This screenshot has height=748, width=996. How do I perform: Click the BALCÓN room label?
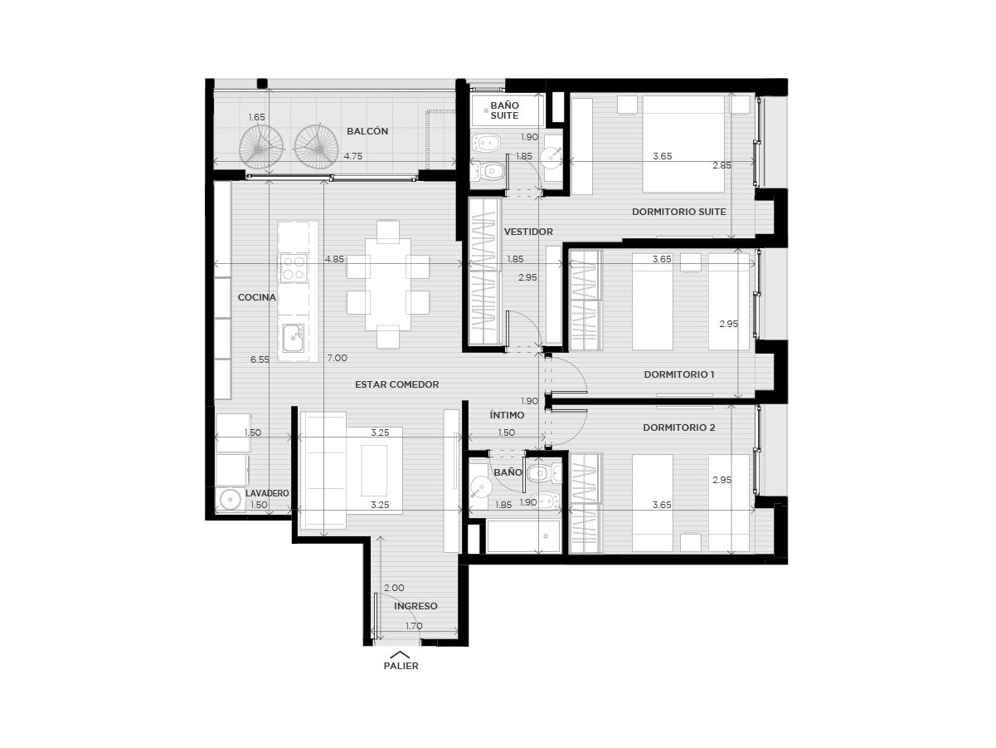(367, 131)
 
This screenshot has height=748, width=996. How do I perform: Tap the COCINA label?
(257, 297)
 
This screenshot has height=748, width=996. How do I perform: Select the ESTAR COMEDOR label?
(397, 384)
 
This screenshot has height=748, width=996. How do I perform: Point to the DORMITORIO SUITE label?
(679, 212)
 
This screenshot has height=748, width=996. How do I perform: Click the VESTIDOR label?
(528, 232)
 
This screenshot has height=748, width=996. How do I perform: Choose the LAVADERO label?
(267, 493)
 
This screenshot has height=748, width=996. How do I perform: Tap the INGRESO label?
(415, 606)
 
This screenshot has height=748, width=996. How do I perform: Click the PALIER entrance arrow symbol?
(400, 654)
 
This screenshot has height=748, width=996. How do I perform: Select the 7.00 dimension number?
(338, 358)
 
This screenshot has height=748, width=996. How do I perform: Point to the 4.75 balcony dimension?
(353, 156)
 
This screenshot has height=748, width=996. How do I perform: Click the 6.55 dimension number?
(260, 359)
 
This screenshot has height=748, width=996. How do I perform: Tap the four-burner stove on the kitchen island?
(294, 268)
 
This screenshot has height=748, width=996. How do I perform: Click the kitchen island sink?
(293, 338)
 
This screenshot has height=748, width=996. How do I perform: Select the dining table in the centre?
(388, 285)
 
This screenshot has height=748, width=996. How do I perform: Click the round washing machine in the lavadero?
(231, 500)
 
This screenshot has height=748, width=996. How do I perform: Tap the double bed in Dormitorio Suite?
(683, 144)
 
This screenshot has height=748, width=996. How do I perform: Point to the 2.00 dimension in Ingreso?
(394, 588)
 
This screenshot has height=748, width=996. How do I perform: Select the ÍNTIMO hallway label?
(507, 415)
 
